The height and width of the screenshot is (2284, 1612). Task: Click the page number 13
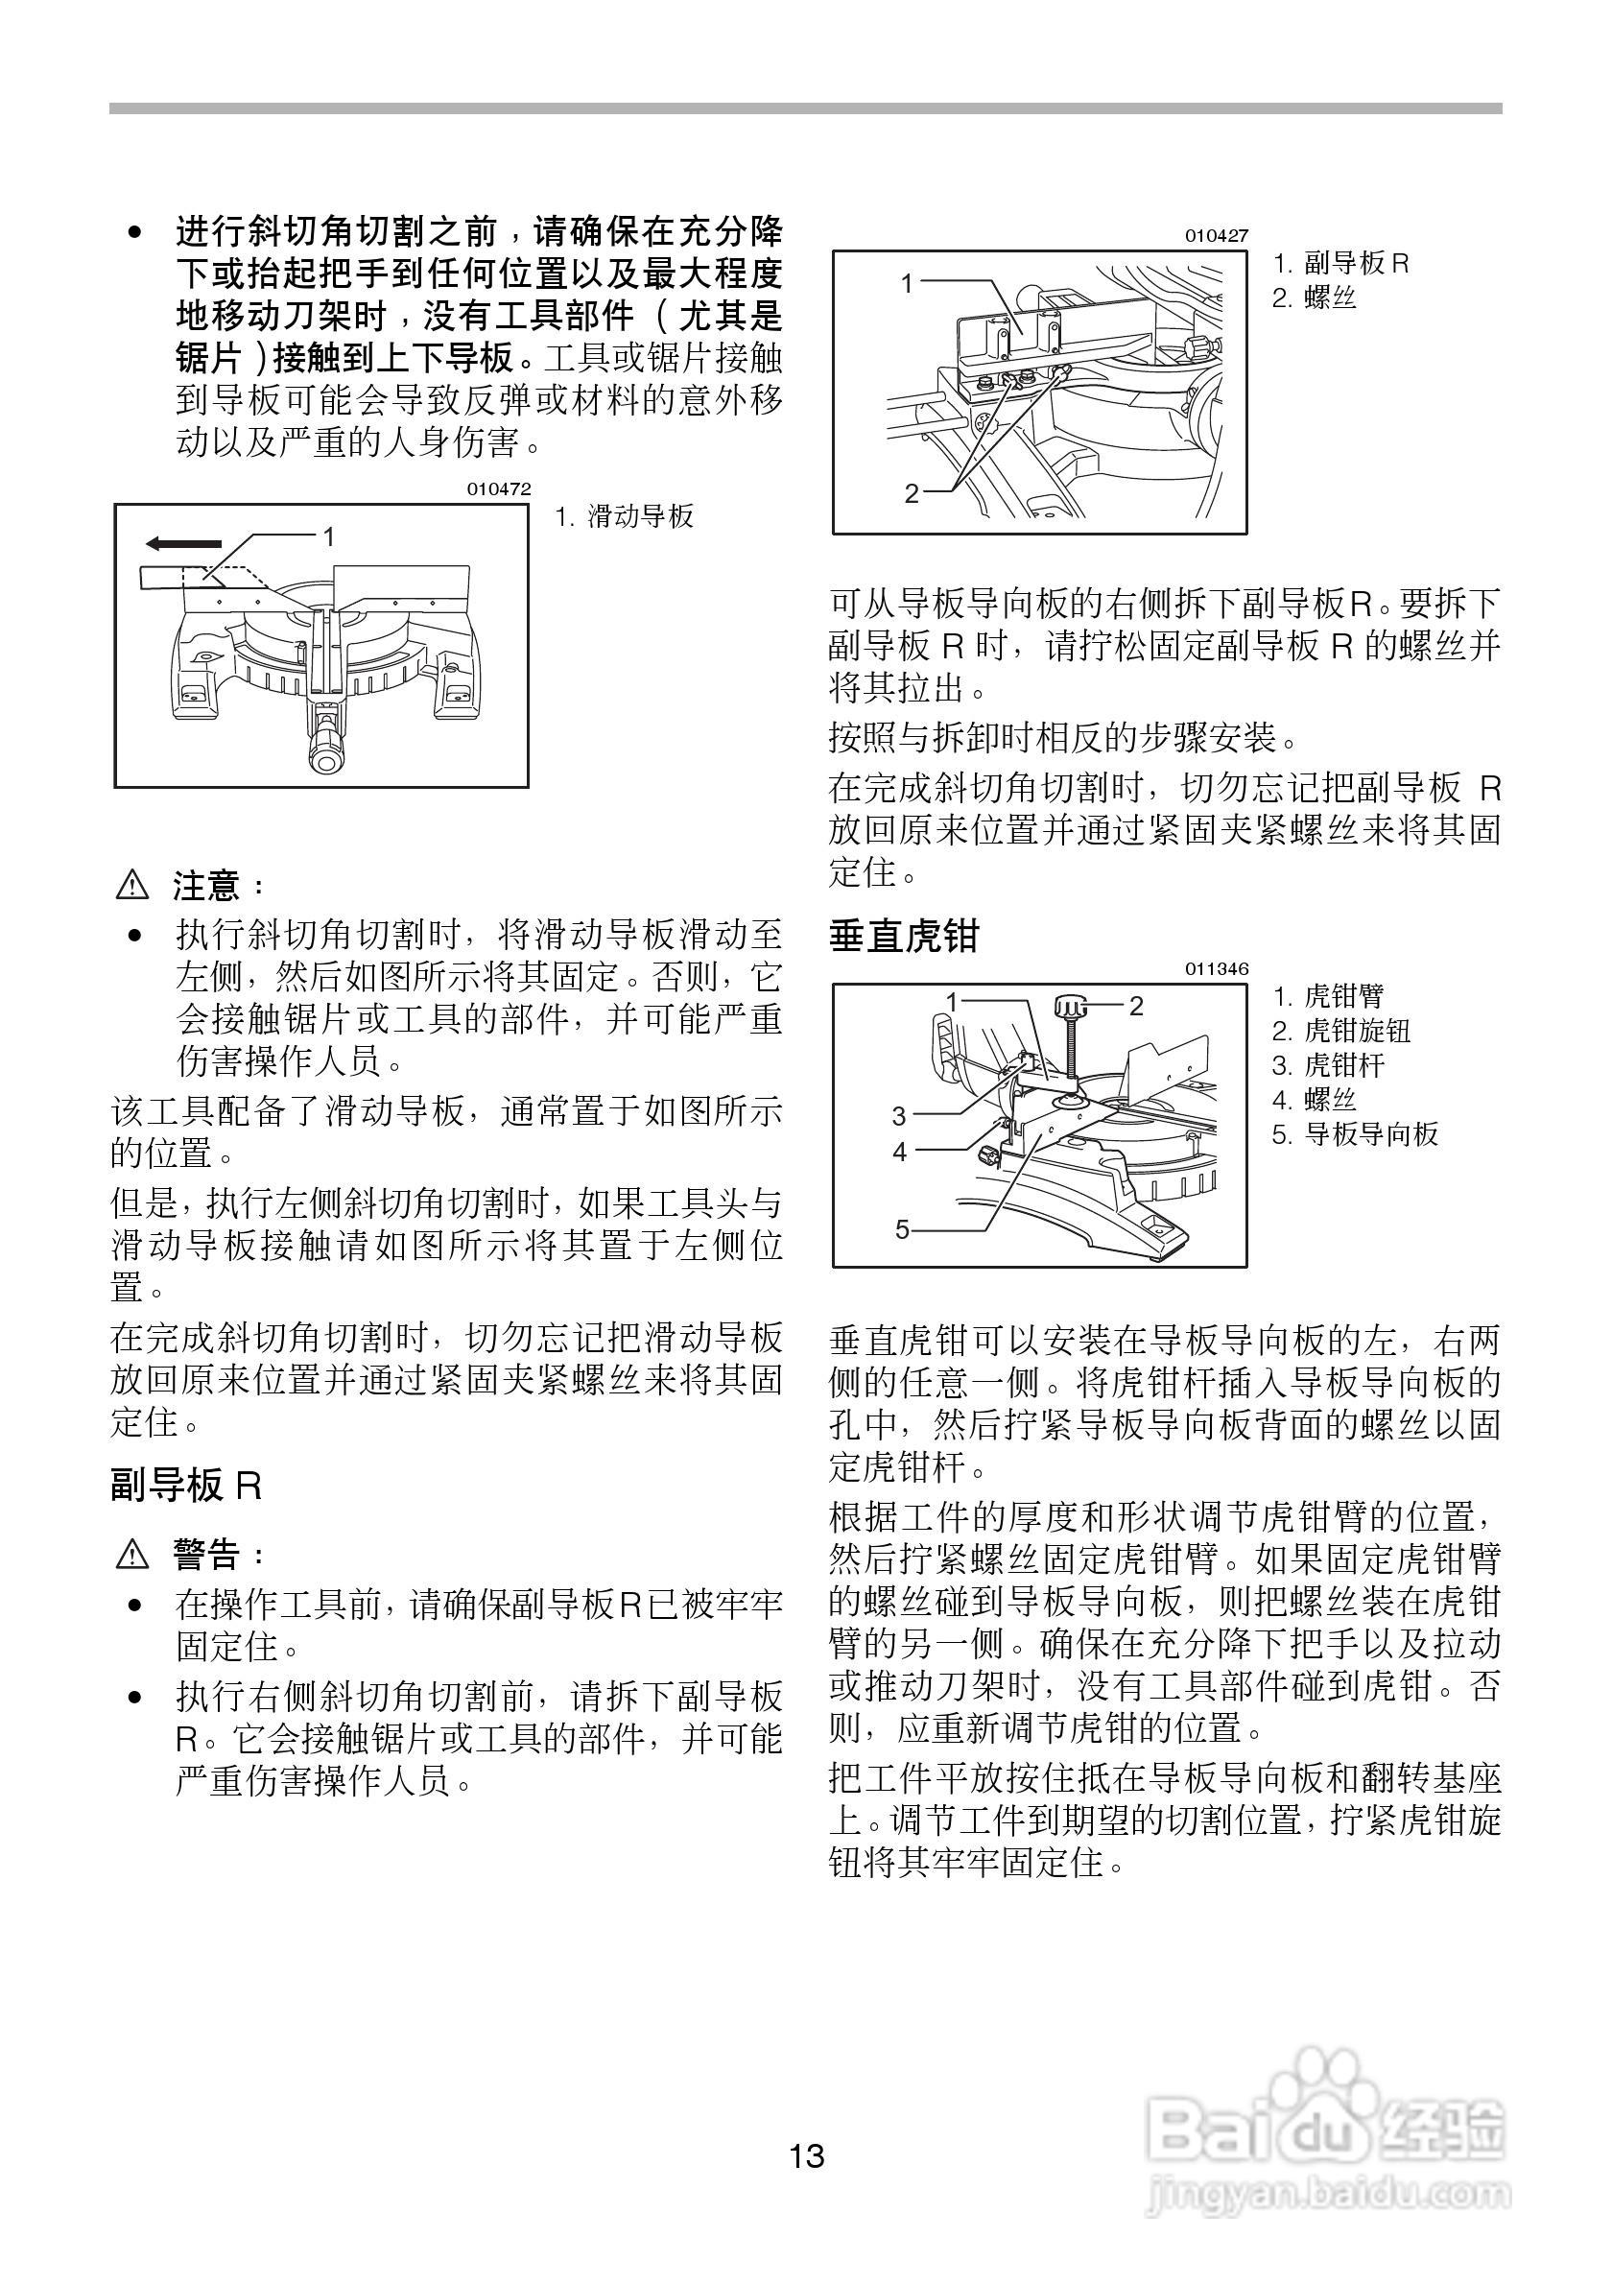(807, 2156)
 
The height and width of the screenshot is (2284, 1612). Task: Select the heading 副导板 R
(186, 1487)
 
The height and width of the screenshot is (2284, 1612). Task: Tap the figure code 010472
(499, 489)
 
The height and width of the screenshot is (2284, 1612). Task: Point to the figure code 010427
(1217, 236)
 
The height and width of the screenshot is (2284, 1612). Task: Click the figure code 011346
(1217, 969)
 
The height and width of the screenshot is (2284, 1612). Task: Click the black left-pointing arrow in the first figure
(183, 543)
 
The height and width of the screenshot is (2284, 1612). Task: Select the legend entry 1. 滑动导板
(625, 516)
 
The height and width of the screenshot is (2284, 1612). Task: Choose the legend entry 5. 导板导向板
(1355, 1134)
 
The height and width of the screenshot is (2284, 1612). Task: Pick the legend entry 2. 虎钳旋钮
(1341, 1031)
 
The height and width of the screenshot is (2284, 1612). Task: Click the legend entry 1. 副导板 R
(1340, 264)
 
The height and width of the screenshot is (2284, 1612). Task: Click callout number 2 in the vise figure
(1136, 1005)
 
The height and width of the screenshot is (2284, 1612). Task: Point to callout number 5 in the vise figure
(902, 1229)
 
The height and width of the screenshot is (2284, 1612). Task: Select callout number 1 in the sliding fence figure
(328, 537)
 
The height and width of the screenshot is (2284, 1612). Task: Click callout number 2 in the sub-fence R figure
(911, 492)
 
